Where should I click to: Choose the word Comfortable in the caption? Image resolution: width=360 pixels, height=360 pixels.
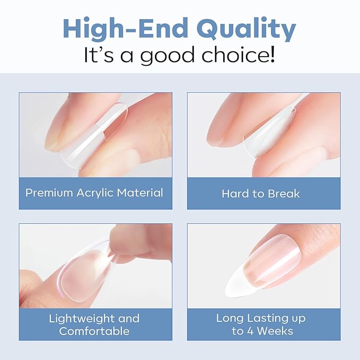point(94,331)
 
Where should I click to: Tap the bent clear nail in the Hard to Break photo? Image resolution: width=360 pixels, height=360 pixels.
point(265,143)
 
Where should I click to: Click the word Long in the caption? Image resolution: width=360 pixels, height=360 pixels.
point(229,319)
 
